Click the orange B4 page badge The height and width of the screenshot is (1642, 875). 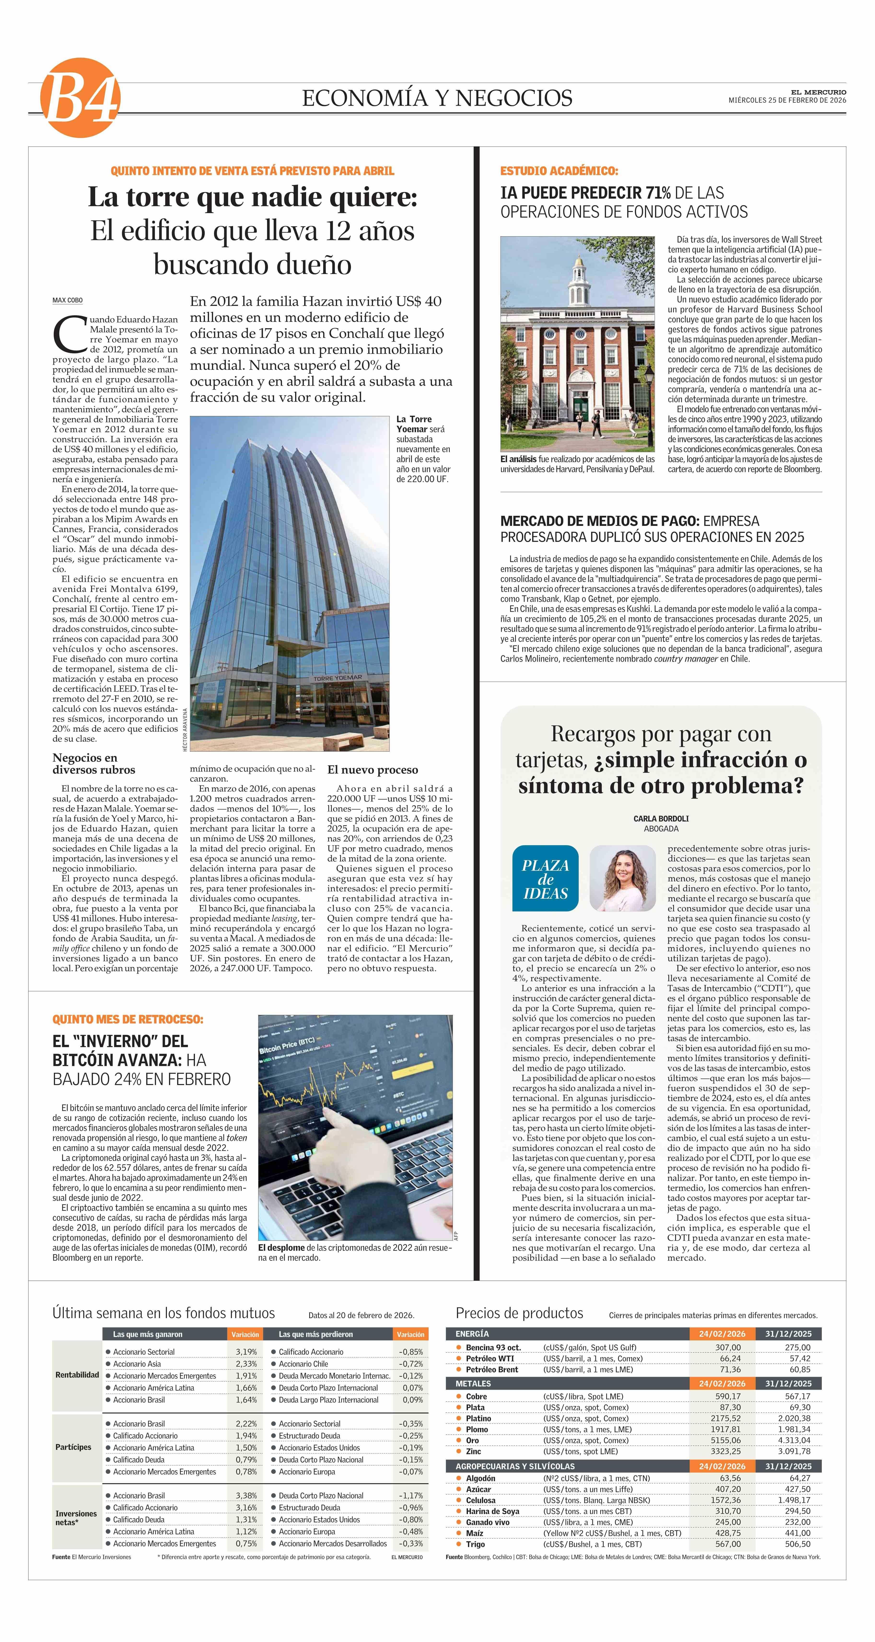click(x=80, y=98)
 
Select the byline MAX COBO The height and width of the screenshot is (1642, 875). click(x=68, y=300)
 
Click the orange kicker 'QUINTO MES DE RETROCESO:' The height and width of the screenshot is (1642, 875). click(x=128, y=1019)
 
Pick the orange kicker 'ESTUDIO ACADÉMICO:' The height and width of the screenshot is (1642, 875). click(x=559, y=171)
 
